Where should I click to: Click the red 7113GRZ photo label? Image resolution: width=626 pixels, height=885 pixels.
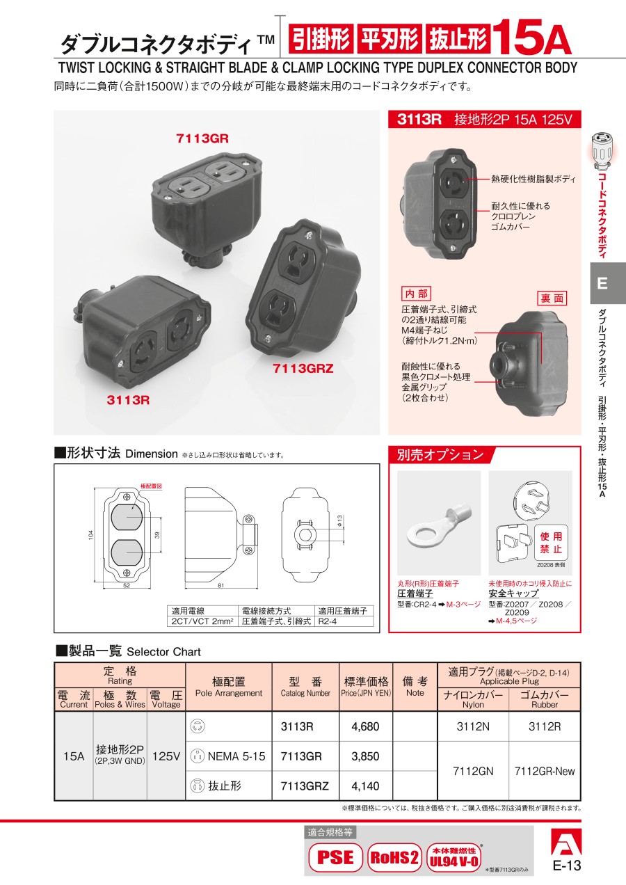tap(303, 369)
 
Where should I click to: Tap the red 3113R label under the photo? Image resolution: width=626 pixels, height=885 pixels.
tap(128, 400)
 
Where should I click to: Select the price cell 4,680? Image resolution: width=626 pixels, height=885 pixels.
tap(365, 726)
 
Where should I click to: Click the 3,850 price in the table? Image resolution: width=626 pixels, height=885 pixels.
tap(365, 756)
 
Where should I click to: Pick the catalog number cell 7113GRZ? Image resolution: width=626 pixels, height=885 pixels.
tap(305, 786)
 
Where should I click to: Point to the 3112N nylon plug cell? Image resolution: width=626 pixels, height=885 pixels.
tap(473, 726)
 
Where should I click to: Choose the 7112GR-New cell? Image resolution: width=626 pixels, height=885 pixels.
tap(544, 771)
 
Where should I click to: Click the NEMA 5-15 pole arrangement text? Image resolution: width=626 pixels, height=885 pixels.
tap(236, 756)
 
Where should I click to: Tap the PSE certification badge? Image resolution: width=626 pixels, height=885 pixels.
tap(335, 857)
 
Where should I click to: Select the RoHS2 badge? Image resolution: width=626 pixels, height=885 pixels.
tap(394, 857)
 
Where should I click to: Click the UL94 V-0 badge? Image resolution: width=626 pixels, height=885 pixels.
tap(454, 857)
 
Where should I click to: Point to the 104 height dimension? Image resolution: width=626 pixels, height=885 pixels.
tap(91, 535)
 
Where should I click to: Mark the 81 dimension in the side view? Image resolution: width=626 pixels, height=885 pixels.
tap(220, 586)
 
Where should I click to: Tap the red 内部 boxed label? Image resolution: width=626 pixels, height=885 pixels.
tap(416, 294)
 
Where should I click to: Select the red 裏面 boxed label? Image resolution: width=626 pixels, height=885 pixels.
tap(552, 298)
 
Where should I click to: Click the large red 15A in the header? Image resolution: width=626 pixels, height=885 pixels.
tap(531, 38)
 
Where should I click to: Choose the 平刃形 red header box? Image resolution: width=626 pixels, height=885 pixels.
tap(390, 38)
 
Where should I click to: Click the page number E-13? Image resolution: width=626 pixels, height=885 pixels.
tap(567, 866)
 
